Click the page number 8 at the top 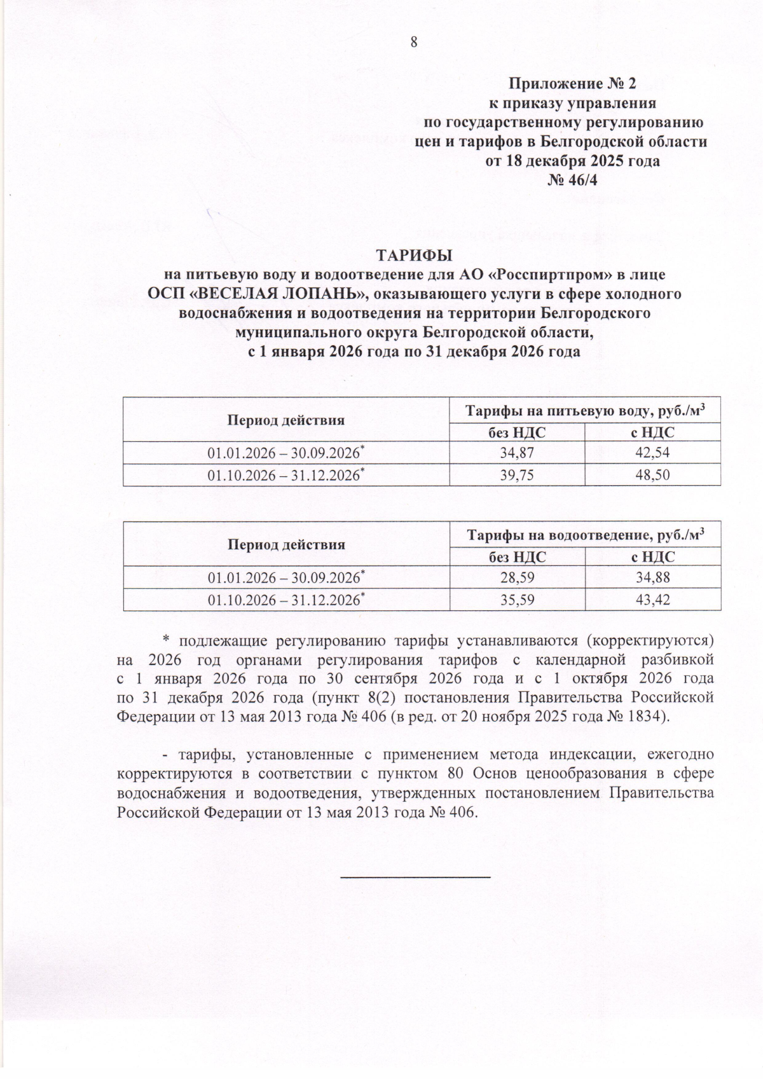[414, 43]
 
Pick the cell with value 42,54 [652, 453]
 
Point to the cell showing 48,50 [652, 475]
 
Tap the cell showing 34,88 [652, 577]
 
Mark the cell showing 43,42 [652, 600]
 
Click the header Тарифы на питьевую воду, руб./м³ [585, 411]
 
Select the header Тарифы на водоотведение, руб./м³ [585, 535]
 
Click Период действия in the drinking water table [286, 421]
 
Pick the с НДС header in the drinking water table [652, 433]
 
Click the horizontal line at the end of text [416, 877]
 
